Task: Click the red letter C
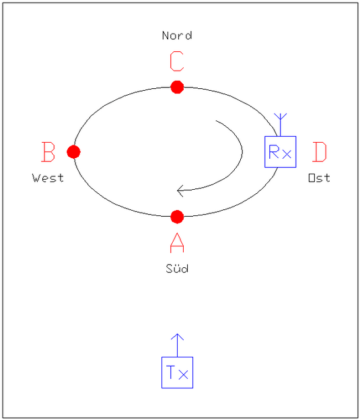(x=177, y=62)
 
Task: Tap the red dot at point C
(x=177, y=87)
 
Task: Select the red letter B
(x=48, y=152)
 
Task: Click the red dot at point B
(x=73, y=152)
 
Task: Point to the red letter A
(x=177, y=243)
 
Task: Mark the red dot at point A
(x=177, y=217)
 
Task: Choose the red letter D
(x=320, y=152)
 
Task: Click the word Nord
(x=177, y=36)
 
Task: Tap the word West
(x=48, y=178)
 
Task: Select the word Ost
(x=319, y=178)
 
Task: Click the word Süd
(x=177, y=268)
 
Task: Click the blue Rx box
(x=280, y=152)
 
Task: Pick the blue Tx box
(x=177, y=372)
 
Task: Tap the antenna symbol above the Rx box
(x=280, y=125)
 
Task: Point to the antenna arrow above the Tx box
(x=177, y=345)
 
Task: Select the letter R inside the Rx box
(x=274, y=152)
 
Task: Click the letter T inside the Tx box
(x=171, y=372)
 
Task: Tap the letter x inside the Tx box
(x=183, y=375)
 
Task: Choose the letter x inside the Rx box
(x=287, y=154)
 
